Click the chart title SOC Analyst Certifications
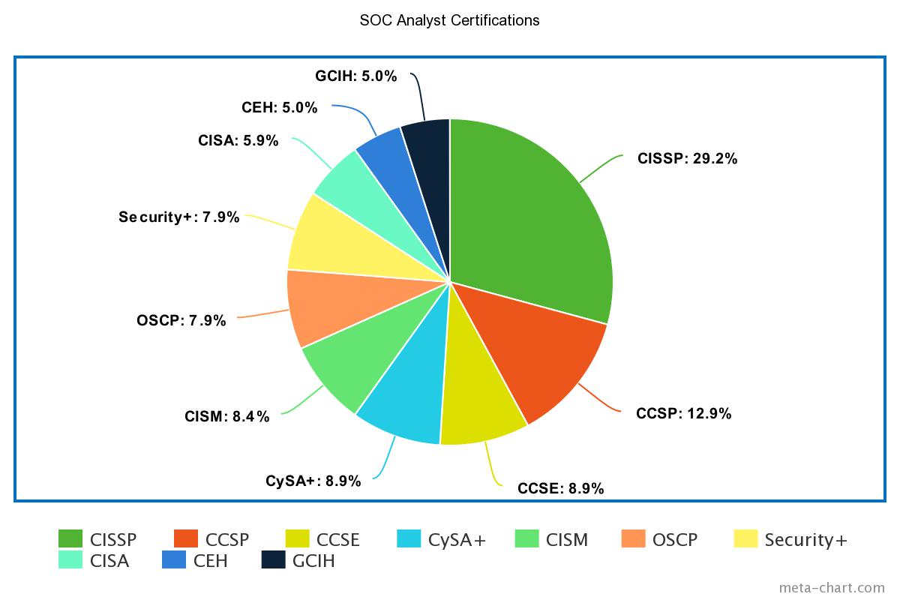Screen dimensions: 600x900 [x=449, y=20]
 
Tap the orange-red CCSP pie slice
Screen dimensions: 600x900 [x=532, y=352]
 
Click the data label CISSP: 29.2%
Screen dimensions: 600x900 [x=687, y=158]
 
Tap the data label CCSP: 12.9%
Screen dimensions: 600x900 [x=683, y=413]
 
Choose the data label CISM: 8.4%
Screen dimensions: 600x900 [x=226, y=417]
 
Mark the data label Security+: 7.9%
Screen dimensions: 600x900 [x=179, y=217]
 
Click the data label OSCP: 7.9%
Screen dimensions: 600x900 [x=181, y=320]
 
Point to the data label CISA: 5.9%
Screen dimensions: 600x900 [x=238, y=140]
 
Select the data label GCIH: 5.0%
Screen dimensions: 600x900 [x=356, y=76]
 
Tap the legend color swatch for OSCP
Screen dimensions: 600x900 [x=634, y=539]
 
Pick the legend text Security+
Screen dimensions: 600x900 [x=805, y=539]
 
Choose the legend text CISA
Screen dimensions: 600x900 [x=109, y=560]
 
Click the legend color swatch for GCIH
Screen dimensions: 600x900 [x=274, y=560]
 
